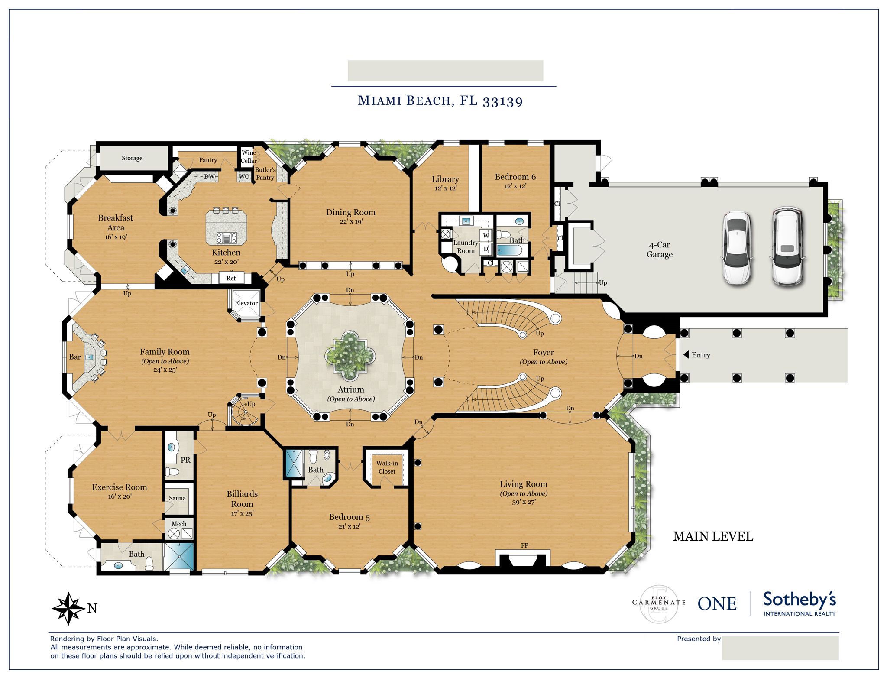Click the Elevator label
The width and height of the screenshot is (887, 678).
(x=246, y=303)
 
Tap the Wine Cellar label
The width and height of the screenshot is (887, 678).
(x=249, y=156)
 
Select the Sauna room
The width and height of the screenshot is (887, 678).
(x=177, y=498)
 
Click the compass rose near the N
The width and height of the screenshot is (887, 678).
(x=68, y=608)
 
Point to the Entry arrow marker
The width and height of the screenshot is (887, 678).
(x=686, y=355)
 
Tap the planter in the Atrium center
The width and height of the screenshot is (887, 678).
(x=350, y=356)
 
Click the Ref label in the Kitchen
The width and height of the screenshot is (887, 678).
(x=231, y=279)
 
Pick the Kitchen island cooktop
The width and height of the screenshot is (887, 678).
(x=227, y=237)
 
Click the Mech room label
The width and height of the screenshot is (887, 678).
(x=179, y=524)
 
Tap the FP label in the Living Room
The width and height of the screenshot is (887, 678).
(x=524, y=545)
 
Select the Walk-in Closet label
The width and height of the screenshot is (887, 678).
(x=387, y=467)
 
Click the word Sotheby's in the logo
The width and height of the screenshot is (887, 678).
(x=800, y=600)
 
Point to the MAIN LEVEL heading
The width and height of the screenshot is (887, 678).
(x=713, y=537)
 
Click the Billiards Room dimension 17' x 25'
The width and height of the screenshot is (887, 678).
(x=242, y=514)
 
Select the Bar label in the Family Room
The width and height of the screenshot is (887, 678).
(x=75, y=357)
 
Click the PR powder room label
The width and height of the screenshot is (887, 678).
(x=185, y=460)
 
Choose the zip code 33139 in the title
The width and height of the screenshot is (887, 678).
(x=503, y=101)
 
